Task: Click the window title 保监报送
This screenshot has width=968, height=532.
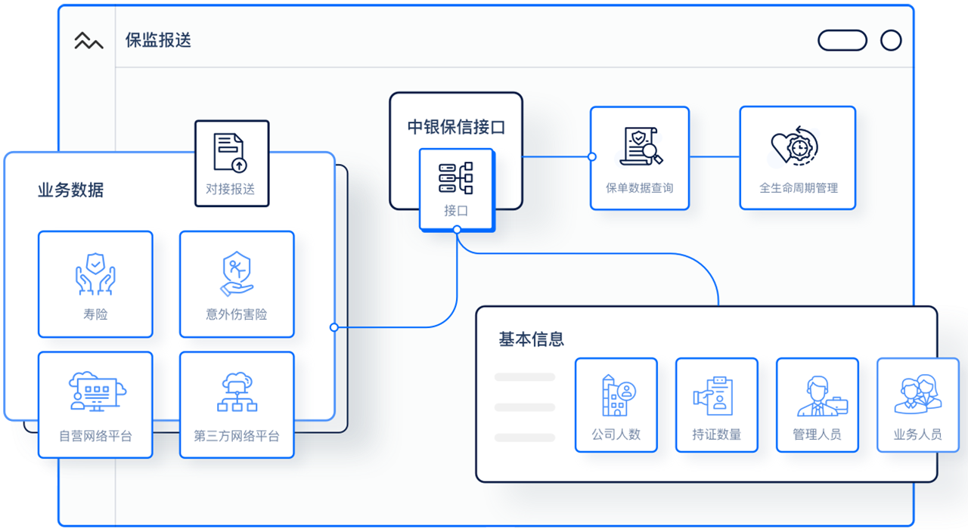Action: [x=158, y=40]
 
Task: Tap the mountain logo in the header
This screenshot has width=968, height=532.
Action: [x=88, y=41]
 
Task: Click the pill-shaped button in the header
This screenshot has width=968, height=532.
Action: [x=842, y=40]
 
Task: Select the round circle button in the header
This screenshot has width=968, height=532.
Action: [x=891, y=40]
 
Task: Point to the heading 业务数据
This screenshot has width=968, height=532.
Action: [x=70, y=190]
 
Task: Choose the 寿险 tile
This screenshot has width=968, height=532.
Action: [x=95, y=284]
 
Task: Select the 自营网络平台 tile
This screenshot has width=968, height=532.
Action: [x=95, y=404]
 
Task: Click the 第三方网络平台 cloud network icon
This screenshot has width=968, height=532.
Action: [x=237, y=392]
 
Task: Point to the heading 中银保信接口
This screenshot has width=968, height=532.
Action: [x=456, y=127]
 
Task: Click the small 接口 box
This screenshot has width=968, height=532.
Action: [x=456, y=188]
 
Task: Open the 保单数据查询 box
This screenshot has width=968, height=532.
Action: [x=640, y=158]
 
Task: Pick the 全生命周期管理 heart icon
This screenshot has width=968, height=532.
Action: [x=796, y=146]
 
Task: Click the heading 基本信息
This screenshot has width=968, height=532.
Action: [x=531, y=339]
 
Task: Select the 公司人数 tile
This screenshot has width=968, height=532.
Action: [x=616, y=405]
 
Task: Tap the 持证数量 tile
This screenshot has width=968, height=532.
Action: [x=716, y=405]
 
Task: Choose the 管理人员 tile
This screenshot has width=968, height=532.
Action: [x=818, y=405]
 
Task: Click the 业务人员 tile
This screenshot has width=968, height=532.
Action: [x=917, y=405]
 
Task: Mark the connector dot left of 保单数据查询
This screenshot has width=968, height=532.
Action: [x=592, y=157]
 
